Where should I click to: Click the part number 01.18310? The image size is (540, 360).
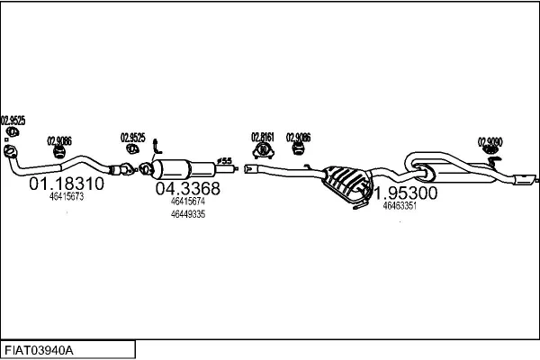coord(67,184)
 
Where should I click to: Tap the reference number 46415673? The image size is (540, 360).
coord(67,196)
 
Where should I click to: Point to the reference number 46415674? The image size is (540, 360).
coord(187,202)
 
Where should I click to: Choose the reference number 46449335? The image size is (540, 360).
coord(187,214)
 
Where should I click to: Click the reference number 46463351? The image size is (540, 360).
coord(399,206)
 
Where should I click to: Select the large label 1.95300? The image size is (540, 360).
coord(406,193)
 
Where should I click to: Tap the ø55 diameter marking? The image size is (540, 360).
coord(226,161)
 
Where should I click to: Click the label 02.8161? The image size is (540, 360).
coord(263,138)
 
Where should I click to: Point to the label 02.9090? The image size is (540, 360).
coord(490,141)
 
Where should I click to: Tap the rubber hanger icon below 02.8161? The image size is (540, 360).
coord(264,150)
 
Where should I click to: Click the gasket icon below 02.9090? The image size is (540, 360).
coord(491,158)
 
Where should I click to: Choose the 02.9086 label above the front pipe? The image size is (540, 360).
coord(58,140)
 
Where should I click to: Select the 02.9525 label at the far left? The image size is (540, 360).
coord(13,120)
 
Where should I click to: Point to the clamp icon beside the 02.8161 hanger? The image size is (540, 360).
coord(297,150)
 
